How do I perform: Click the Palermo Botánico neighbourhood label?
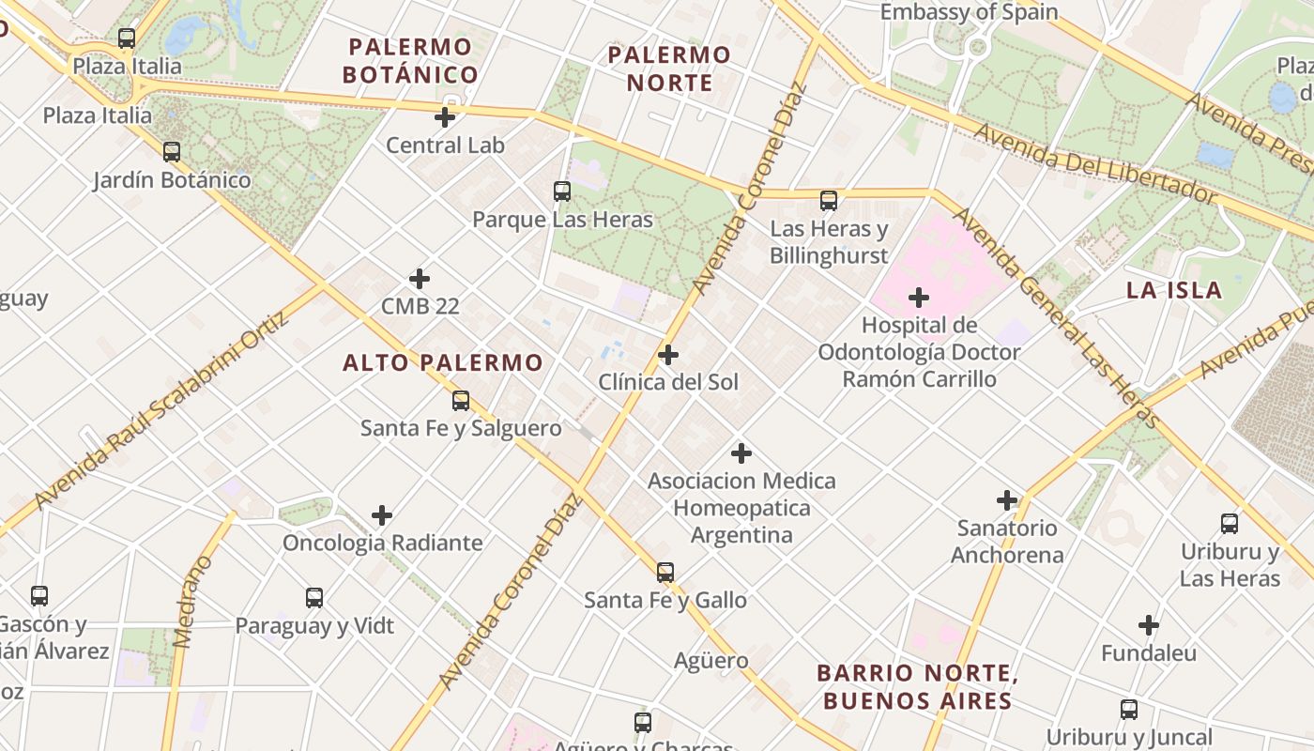point(410,61)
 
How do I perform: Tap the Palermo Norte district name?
point(669,69)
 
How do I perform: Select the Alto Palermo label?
point(443,362)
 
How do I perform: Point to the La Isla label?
point(1174,290)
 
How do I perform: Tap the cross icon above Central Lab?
point(445,117)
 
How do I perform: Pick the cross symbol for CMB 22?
point(420,279)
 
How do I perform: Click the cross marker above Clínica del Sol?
point(668,355)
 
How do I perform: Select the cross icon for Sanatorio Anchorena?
point(1007,500)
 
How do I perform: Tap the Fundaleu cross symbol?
point(1149,625)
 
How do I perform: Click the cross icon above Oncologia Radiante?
point(382,515)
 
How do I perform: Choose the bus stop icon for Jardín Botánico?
point(172,151)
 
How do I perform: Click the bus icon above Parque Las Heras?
point(562,192)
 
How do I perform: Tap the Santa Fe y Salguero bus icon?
point(461,401)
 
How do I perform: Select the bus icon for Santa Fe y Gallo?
point(665,572)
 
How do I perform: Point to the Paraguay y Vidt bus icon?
point(314,597)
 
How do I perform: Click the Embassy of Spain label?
point(969,12)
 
